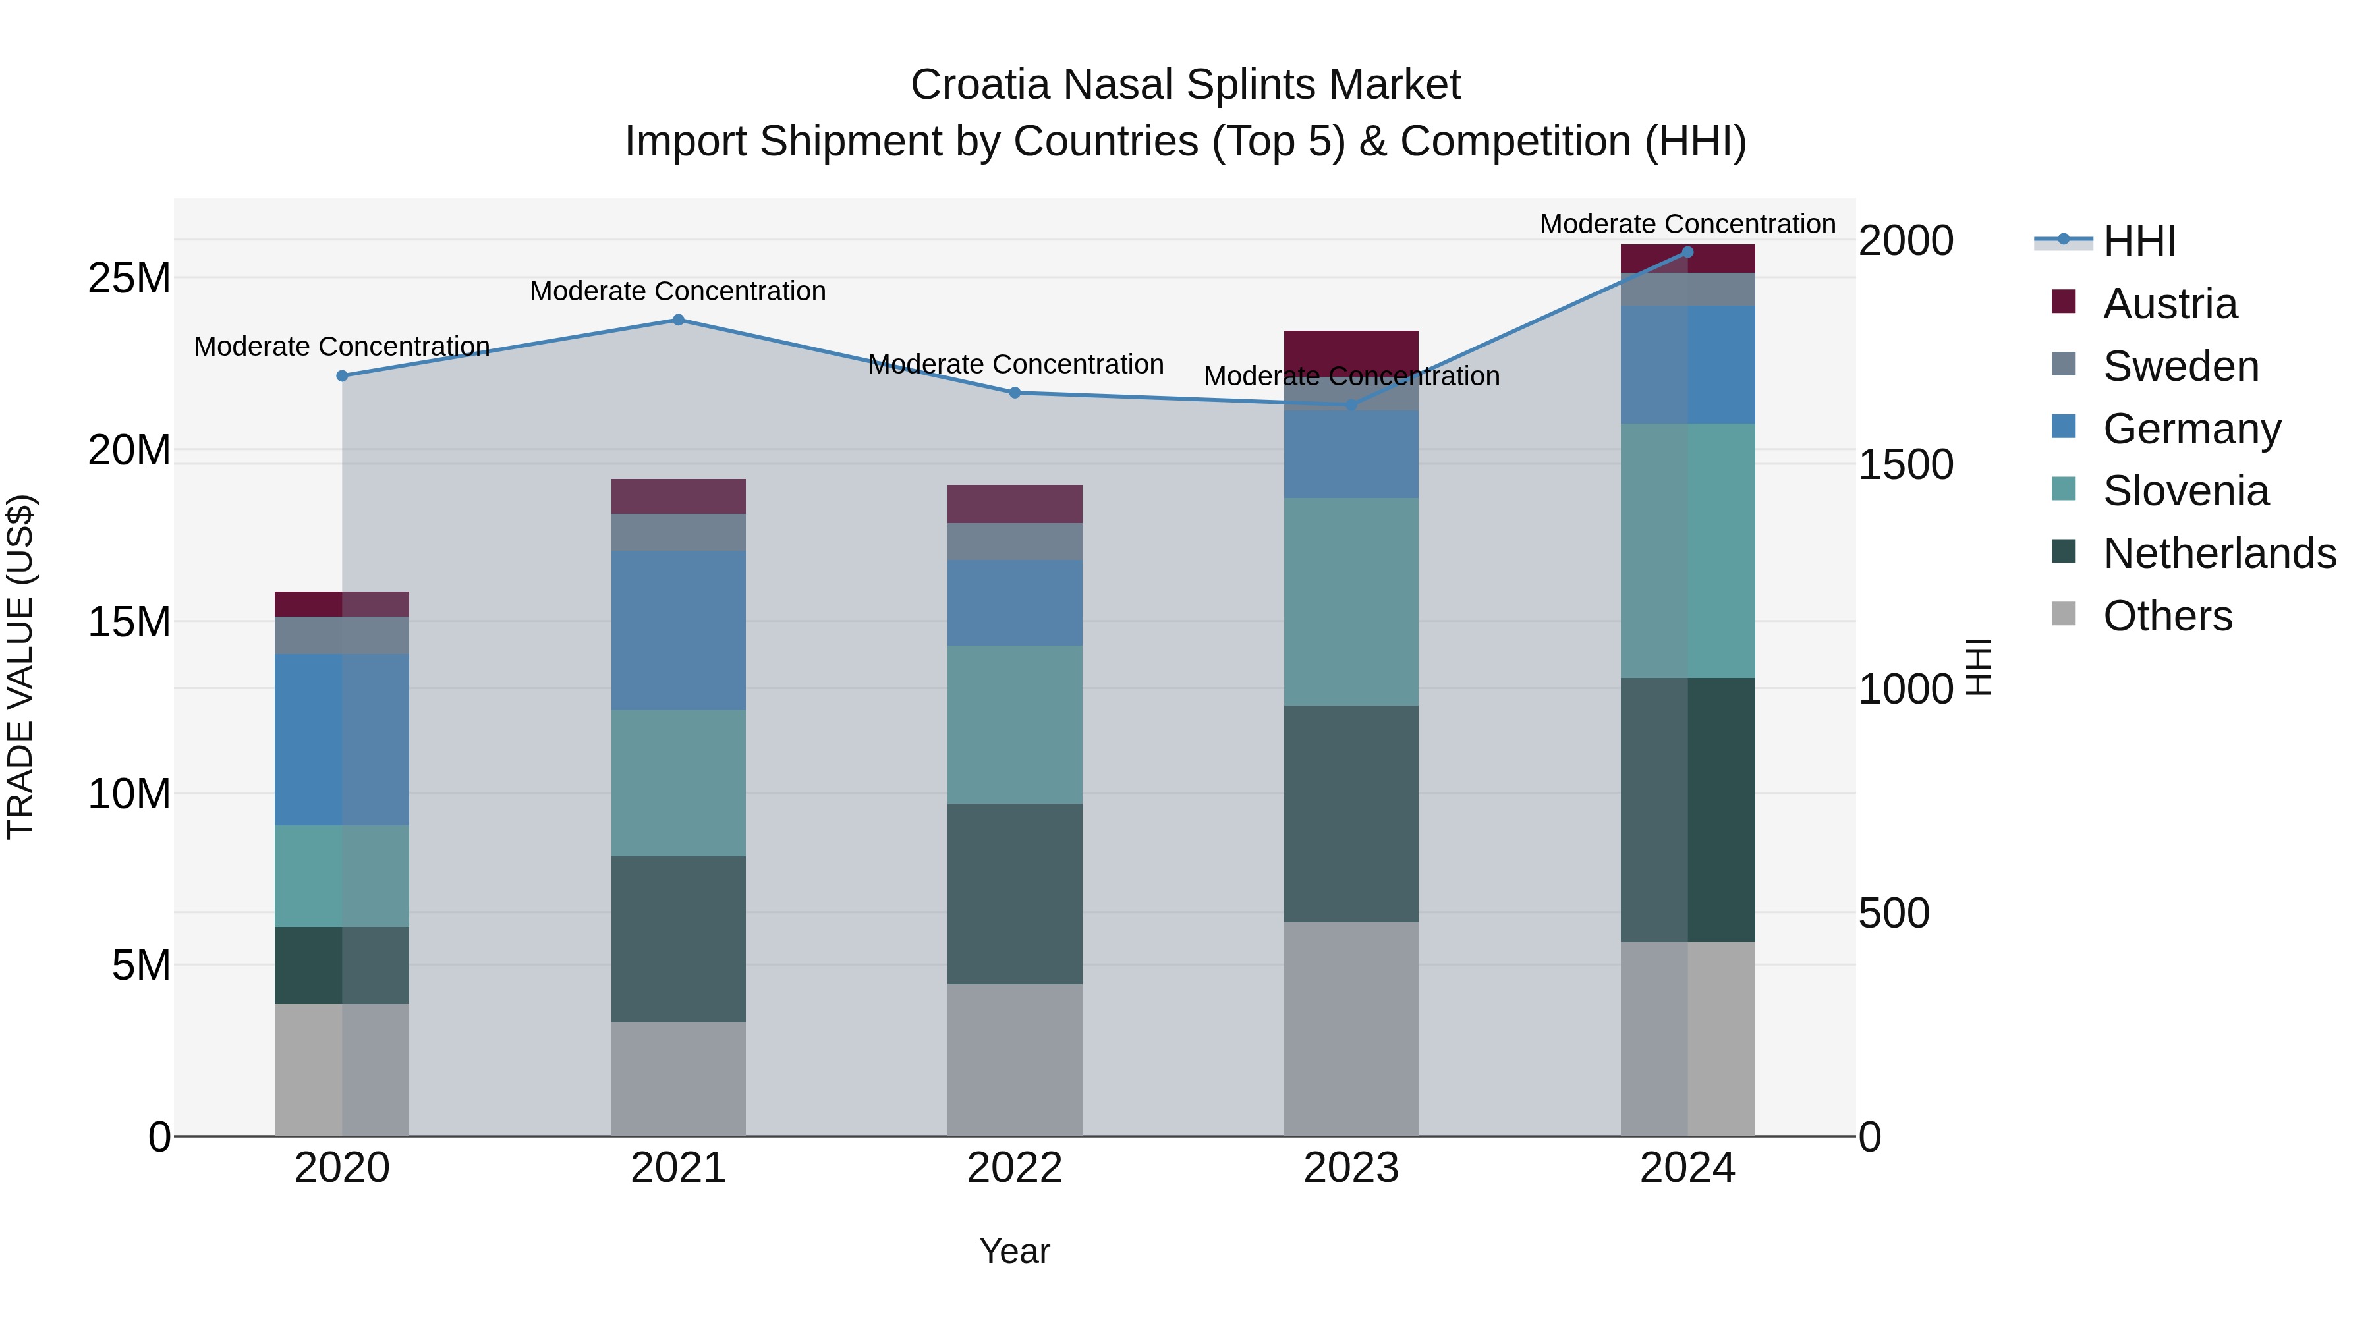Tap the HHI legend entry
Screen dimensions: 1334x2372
[2138, 241]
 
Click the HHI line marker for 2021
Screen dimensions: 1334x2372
[679, 320]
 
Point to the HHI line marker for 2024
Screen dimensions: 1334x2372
[1688, 252]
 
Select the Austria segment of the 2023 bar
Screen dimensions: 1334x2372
[1351, 350]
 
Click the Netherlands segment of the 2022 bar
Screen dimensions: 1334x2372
[1015, 893]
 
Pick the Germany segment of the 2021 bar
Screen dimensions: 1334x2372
[679, 630]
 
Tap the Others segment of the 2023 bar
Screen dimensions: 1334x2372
[1351, 1028]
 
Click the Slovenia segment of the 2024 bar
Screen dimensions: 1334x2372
[1688, 551]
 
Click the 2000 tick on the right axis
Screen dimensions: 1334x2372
[1905, 240]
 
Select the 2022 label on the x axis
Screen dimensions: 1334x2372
[1015, 1168]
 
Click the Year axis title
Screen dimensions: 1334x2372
[1015, 1251]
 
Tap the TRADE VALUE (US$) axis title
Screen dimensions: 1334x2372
[21, 667]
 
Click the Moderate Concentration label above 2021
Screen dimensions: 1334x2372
[678, 291]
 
